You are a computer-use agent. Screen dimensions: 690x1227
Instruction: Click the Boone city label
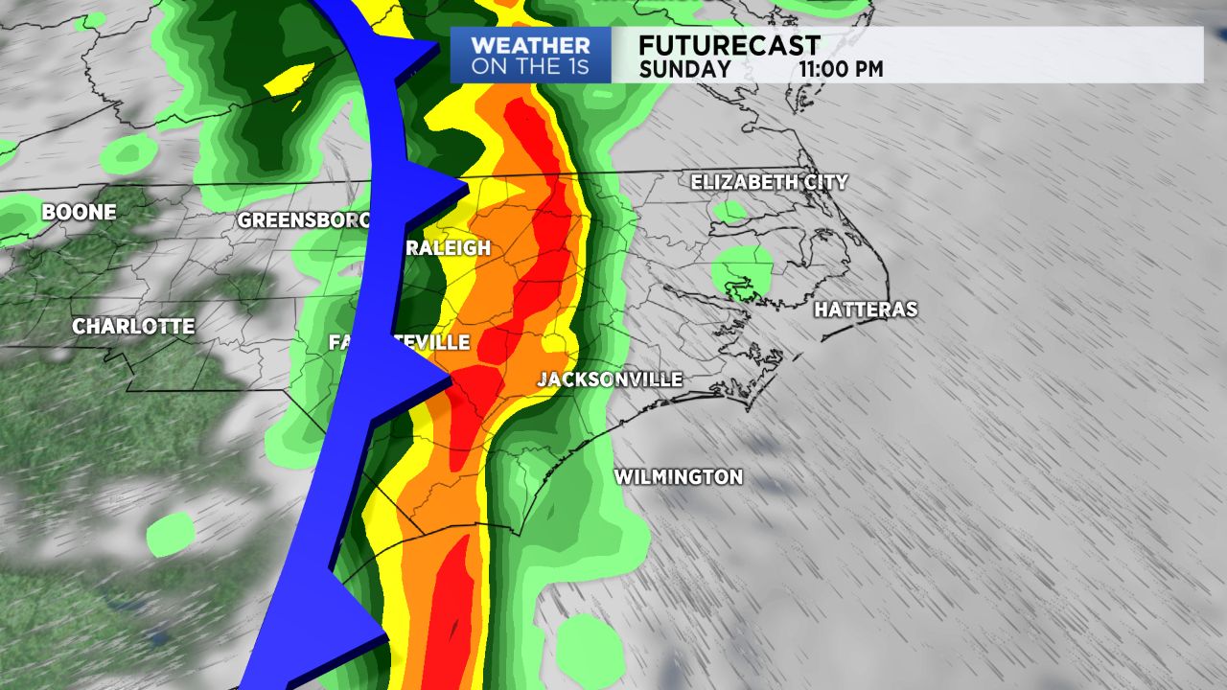pos(79,213)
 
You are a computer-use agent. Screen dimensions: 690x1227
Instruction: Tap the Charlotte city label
pos(133,327)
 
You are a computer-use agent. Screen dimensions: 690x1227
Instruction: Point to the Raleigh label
pos(446,248)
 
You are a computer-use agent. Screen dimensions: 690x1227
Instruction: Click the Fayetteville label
pos(400,342)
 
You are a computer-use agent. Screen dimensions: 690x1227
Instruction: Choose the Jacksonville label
pos(610,379)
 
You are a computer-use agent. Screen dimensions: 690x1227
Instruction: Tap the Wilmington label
pos(678,476)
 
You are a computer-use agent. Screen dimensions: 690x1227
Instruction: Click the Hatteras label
pos(866,310)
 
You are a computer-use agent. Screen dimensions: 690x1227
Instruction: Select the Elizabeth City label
pos(769,181)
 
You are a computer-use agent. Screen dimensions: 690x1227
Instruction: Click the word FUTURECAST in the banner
pos(729,45)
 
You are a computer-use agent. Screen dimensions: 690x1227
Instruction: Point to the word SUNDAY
pos(684,69)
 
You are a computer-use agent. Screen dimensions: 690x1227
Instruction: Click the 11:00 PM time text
pos(841,69)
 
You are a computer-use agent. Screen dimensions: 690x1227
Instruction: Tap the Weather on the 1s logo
pos(530,55)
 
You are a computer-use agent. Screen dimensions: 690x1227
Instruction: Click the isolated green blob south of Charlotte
pos(171,534)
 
